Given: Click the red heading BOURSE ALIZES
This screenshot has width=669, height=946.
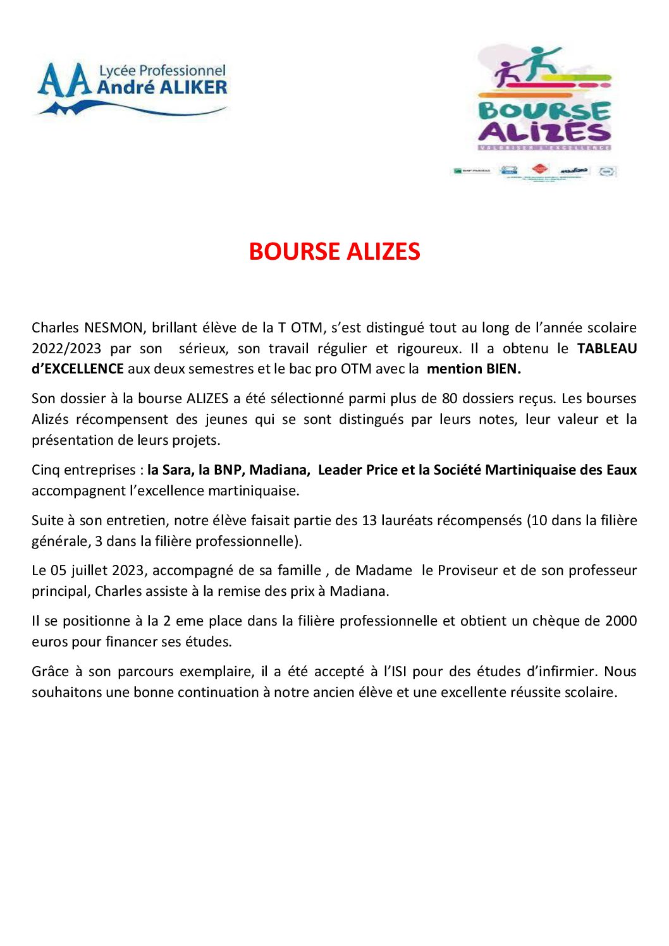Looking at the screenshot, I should (x=334, y=252).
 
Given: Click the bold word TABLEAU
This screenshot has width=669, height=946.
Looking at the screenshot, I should (x=606, y=348).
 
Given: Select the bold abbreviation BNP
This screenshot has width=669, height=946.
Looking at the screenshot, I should (x=228, y=470).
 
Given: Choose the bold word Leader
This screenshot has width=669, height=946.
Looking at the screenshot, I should (x=340, y=470).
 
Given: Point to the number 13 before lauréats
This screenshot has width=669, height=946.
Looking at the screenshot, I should (x=369, y=521).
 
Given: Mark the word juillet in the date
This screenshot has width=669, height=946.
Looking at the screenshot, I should (x=89, y=571).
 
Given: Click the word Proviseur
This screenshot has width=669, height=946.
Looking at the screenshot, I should (x=468, y=571).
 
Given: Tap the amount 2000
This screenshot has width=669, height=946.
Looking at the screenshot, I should (x=620, y=621).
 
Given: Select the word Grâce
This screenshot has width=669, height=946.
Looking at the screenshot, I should (x=50, y=672).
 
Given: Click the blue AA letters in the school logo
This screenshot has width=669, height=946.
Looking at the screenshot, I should (x=64, y=82).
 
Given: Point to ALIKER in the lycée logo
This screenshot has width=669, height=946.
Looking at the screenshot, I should (x=193, y=87).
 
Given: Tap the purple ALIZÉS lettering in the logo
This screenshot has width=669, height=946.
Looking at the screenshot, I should (x=544, y=132).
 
